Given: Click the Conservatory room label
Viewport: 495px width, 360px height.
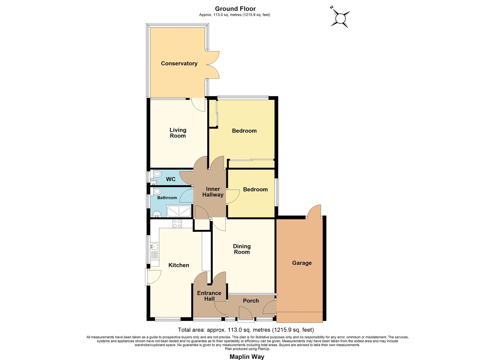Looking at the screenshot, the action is (x=179, y=63).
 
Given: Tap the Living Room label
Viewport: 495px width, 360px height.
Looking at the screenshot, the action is (x=178, y=133).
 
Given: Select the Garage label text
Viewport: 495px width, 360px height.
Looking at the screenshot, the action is (x=302, y=263).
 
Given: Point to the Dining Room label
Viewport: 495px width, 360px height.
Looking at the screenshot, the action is (x=242, y=249).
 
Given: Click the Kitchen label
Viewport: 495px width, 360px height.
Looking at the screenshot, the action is (x=179, y=265).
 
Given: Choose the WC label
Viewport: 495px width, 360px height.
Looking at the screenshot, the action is (x=170, y=179).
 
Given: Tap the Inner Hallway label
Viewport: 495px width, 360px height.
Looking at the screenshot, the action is (x=213, y=192).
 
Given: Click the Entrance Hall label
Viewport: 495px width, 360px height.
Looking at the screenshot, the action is (x=209, y=296).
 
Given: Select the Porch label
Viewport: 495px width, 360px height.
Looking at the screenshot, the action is (x=251, y=301).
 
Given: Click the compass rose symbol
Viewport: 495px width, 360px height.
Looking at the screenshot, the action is (x=340, y=17).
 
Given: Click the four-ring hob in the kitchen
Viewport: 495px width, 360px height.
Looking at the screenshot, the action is (x=177, y=223).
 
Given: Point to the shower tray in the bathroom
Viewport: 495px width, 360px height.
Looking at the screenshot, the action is (x=179, y=211).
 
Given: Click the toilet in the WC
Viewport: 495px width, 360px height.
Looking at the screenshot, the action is (x=156, y=174).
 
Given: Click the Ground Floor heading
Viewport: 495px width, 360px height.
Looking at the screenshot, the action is (x=235, y=9).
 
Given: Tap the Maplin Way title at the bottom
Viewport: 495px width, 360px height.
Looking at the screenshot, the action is (x=247, y=357).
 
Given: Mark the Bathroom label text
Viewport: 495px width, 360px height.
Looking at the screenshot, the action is (x=167, y=198).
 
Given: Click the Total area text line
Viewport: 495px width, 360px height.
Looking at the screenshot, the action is (x=246, y=330).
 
